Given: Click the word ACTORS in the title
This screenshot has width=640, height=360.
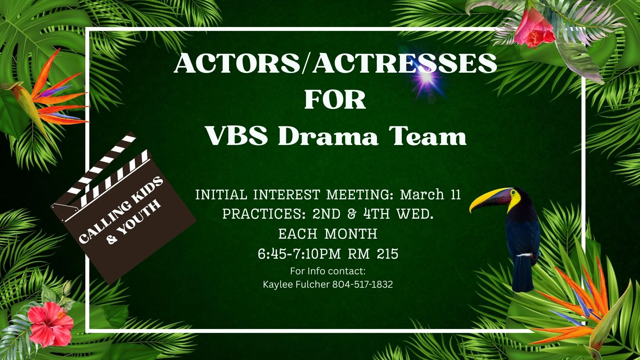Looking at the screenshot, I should [237, 63].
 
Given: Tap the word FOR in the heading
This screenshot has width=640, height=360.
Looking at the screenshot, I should [335, 100].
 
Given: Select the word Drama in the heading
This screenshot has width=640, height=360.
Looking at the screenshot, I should [328, 136].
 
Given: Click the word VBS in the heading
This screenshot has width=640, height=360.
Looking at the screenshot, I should [237, 136].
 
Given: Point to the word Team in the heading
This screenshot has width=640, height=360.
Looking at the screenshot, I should [428, 136].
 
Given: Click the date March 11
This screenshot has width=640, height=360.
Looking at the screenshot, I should [430, 195].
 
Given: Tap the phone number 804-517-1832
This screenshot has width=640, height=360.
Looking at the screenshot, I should [362, 284].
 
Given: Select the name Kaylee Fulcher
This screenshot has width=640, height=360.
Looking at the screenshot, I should [296, 284].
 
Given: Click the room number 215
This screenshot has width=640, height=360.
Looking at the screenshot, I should [388, 254].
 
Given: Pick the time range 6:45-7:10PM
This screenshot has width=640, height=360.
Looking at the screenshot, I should [299, 254].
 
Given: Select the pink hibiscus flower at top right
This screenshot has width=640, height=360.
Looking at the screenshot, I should [533, 28].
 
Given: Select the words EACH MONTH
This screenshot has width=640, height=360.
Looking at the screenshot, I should [328, 234].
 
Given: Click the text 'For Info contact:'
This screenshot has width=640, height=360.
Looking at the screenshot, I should [328, 271].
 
